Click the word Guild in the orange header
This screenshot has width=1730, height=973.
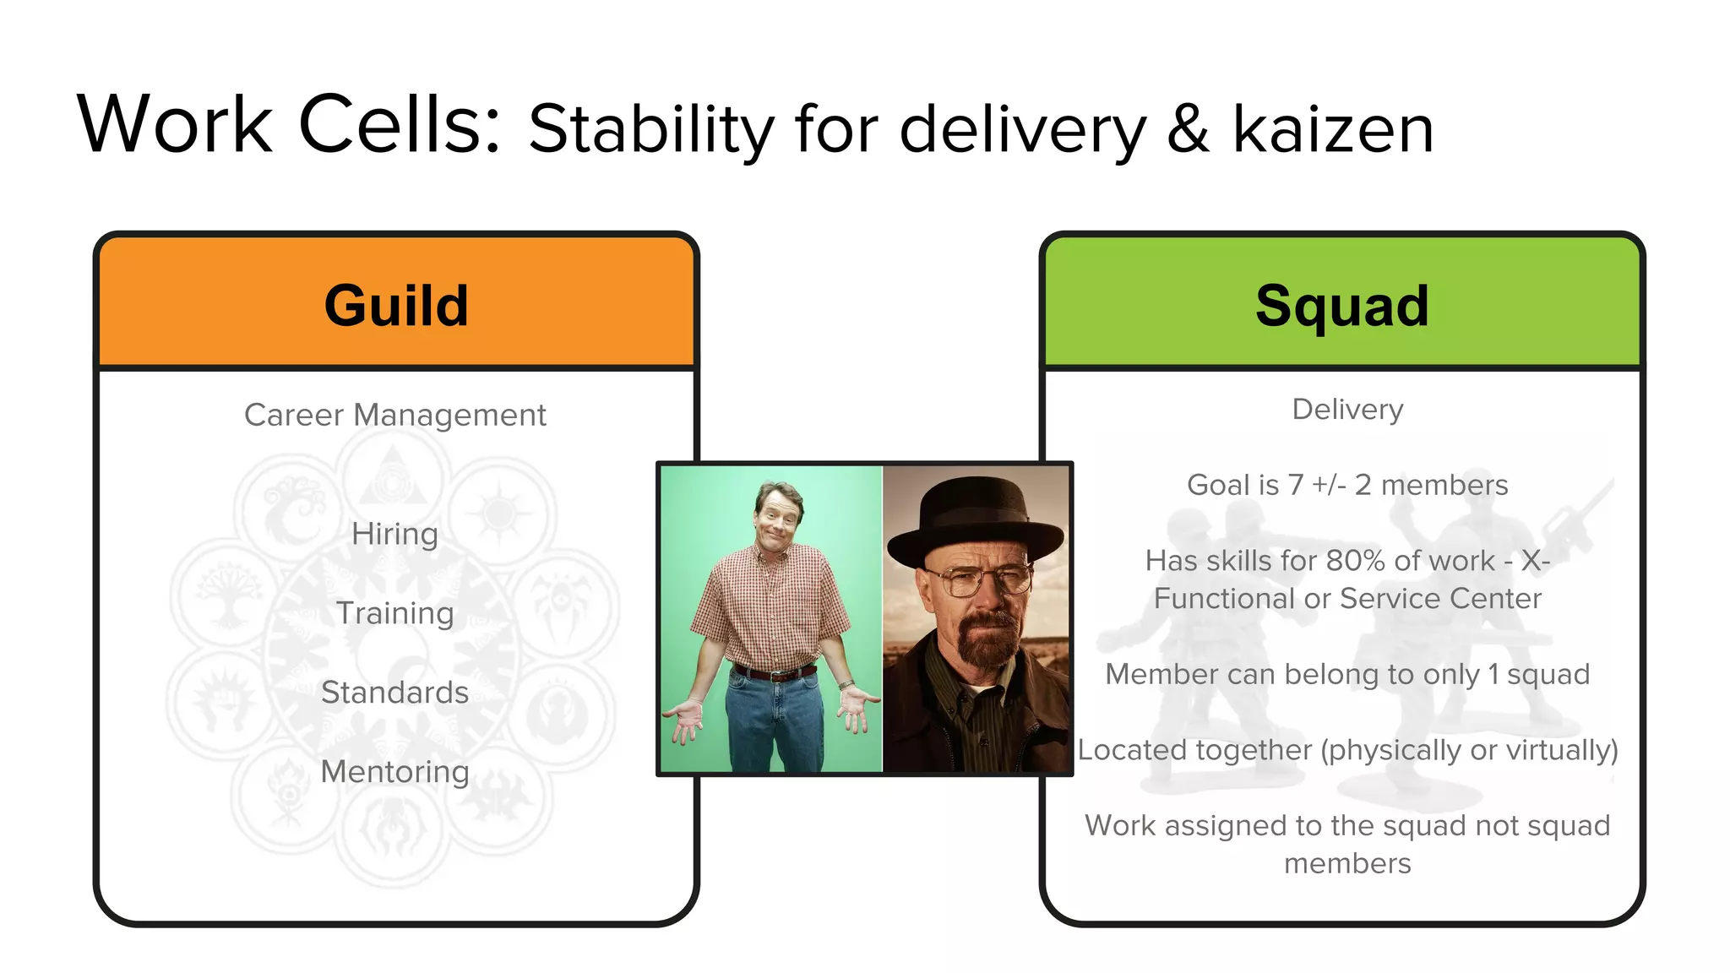coord(395,306)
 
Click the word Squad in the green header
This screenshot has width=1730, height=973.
coord(1341,306)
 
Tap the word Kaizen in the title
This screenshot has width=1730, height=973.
coord(1332,129)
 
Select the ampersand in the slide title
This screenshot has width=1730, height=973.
coord(1188,129)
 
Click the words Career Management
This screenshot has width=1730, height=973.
coord(394,415)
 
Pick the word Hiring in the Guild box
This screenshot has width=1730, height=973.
coord(394,534)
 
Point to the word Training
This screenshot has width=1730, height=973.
coord(394,613)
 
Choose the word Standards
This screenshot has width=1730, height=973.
coord(394,693)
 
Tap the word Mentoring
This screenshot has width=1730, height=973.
coord(394,771)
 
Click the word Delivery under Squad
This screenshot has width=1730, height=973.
coord(1347,410)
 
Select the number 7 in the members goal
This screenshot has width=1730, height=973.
coord(1295,485)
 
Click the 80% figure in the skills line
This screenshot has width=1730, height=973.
coord(1354,561)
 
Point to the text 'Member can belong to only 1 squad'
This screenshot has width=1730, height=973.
coord(1347,674)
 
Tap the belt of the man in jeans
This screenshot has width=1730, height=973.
coord(774,674)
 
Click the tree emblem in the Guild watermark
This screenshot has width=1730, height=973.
coord(226,595)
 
